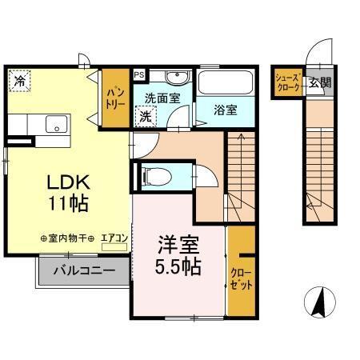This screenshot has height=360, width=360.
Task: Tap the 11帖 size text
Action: (x=66, y=203)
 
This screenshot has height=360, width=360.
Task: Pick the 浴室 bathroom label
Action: (x=226, y=110)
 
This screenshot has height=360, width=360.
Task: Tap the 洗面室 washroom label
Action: (x=162, y=98)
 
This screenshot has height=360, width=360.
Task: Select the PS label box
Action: (x=139, y=75)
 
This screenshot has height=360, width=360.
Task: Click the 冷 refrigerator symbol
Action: (x=19, y=79)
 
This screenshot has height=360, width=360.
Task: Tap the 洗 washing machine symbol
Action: (x=146, y=116)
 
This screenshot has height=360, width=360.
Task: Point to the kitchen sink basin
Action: (x=55, y=123)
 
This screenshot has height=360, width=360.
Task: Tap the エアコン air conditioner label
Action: (x=114, y=238)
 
